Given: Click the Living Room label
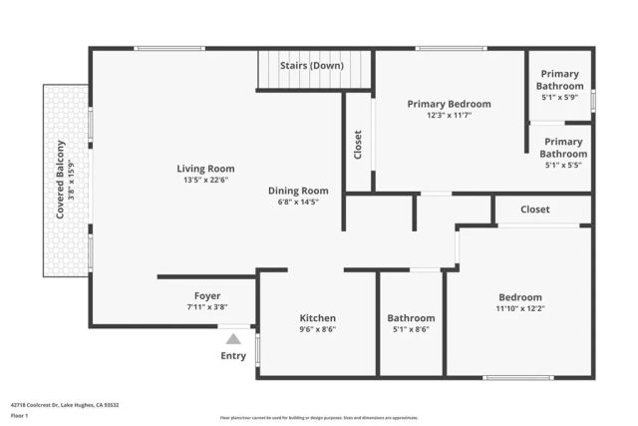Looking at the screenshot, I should click(x=205, y=169).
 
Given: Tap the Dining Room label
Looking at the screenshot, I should click(x=297, y=191).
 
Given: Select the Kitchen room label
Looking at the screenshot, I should click(x=318, y=318).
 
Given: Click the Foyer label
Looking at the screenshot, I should click(x=207, y=296).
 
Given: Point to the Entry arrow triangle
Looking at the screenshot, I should click(x=233, y=339).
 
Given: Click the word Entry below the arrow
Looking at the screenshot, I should click(x=233, y=356).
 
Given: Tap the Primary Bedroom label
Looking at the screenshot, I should click(x=449, y=104).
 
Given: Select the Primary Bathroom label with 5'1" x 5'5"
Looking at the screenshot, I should click(x=563, y=148).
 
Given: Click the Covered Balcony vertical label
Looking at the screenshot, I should click(x=60, y=180).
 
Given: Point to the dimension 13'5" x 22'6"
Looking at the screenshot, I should click(x=205, y=181).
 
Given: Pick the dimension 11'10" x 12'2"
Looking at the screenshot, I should click(x=520, y=309).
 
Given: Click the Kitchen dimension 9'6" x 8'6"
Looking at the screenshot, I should click(x=318, y=330).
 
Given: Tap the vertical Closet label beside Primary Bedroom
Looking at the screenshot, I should click(x=358, y=145).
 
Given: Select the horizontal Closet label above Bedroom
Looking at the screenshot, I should click(x=535, y=210).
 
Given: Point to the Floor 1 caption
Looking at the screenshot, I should click(x=19, y=415).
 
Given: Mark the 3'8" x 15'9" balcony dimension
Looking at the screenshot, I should click(x=72, y=180).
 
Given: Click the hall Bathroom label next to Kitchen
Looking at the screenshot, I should click(x=411, y=318).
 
